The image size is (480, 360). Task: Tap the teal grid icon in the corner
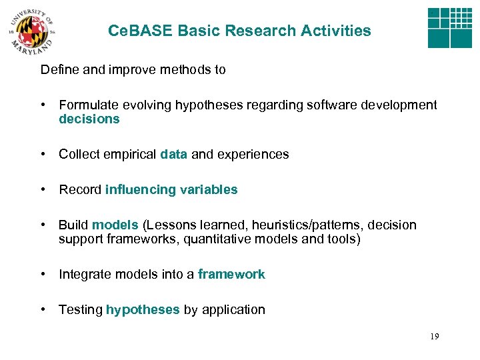[449, 27]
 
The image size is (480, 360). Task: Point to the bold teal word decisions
[89, 119]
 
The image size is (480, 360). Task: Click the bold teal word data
[174, 155]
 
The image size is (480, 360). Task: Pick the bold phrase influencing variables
[171, 190]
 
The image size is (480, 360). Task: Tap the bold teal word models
[115, 225]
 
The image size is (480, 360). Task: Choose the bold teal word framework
[231, 275]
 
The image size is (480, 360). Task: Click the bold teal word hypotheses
[143, 310]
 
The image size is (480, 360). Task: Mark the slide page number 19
[434, 337]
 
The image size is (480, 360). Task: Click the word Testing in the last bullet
[81, 310]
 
